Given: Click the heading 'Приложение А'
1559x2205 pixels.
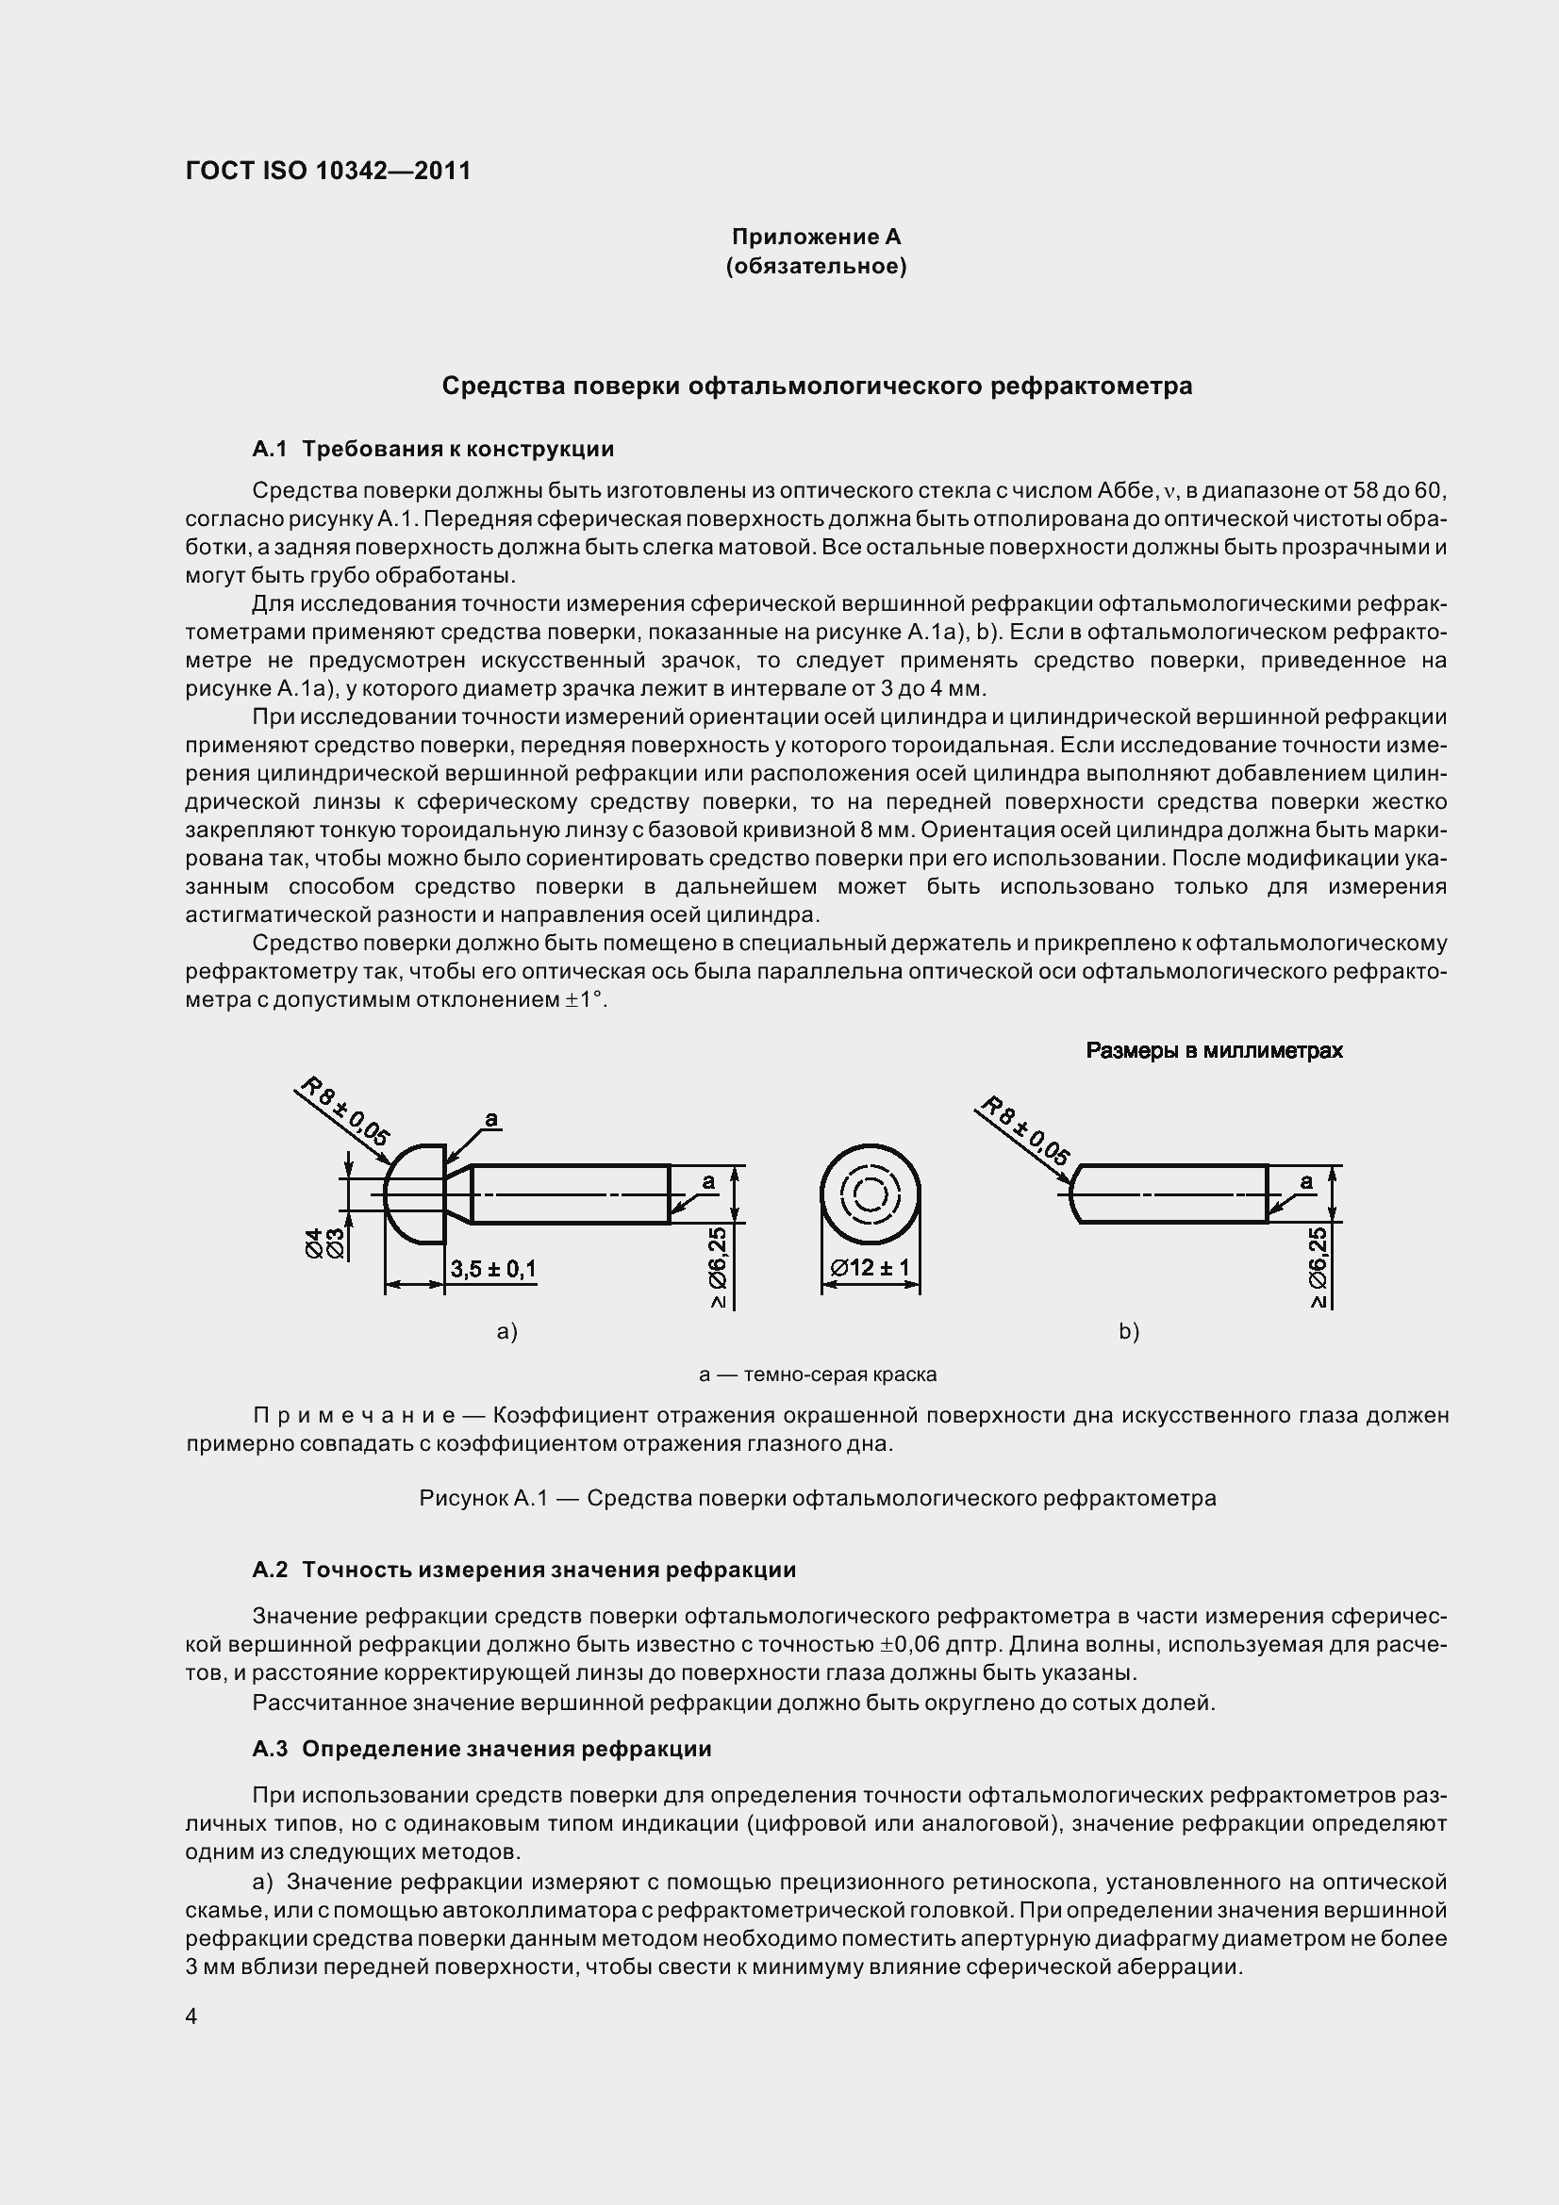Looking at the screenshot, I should pos(816,237).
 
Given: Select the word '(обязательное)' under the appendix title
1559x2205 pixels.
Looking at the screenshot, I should pos(816,266).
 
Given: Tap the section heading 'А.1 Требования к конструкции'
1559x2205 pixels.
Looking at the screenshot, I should pos(433,449).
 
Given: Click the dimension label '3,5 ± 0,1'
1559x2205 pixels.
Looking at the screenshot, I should pos(494,1269).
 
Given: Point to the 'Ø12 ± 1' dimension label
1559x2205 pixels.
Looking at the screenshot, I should pos(871,1268).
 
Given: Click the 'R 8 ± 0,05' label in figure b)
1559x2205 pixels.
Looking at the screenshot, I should pos(1025,1130).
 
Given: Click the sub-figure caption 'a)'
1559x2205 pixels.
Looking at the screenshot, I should pos(507,1331).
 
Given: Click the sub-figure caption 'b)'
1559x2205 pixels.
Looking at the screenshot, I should pos(1129,1331).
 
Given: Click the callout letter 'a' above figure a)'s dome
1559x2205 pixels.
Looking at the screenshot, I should pos(490,1119).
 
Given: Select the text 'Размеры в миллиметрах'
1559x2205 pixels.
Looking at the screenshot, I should pos(1213,1050).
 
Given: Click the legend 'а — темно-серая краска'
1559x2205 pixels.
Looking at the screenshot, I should pos(818,1374).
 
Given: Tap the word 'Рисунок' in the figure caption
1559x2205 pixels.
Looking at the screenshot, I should pos(463,1498).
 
